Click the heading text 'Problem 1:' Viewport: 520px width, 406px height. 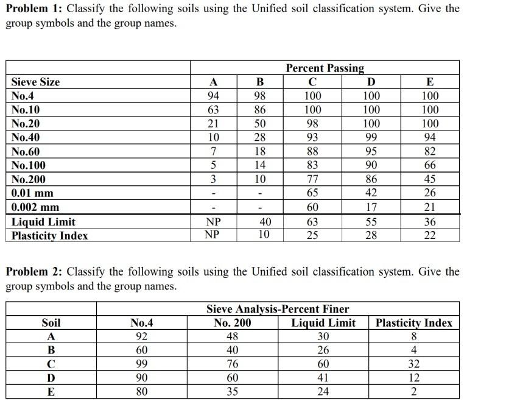pyautogui.click(x=34, y=9)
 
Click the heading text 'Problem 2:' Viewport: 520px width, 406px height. pyautogui.click(x=34, y=272)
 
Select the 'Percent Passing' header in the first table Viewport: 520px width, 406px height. pyautogui.click(x=325, y=68)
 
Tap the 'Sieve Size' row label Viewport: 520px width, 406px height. pyautogui.click(x=35, y=82)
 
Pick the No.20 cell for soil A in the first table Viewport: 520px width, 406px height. pyautogui.click(x=213, y=124)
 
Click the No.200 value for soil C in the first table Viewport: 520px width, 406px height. pyautogui.click(x=312, y=179)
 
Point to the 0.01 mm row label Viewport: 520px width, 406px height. pyautogui.click(x=32, y=193)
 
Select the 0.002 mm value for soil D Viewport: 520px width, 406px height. pyautogui.click(x=370, y=207)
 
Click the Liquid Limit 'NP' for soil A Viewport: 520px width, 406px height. pyautogui.click(x=213, y=222)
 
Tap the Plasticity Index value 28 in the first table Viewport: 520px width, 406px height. pyautogui.click(x=370, y=235)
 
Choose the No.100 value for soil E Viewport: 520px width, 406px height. pyautogui.click(x=429, y=165)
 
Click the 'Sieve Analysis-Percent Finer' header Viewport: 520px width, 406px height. pyautogui.click(x=278, y=309)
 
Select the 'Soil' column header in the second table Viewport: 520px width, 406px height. pyautogui.click(x=51, y=323)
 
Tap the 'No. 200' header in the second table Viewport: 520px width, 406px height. pyautogui.click(x=232, y=323)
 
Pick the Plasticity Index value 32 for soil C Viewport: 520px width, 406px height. pyautogui.click(x=413, y=364)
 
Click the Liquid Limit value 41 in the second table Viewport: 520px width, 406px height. pyautogui.click(x=323, y=377)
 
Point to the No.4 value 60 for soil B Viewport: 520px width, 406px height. pyautogui.click(x=141, y=350)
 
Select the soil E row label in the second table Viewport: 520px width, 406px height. pyautogui.click(x=51, y=391)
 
